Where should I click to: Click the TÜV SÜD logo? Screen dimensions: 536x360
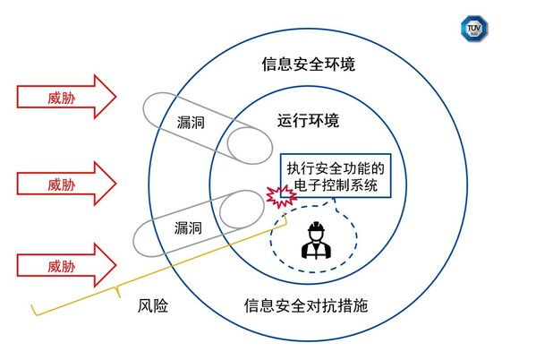pyautogui.click(x=474, y=28)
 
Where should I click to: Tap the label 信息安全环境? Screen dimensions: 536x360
pyautogui.click(x=309, y=64)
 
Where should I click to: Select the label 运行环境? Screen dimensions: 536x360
pyautogui.click(x=308, y=121)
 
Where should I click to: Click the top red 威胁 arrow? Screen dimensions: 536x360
pyautogui.click(x=66, y=97)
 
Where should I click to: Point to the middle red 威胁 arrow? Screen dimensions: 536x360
pyautogui.click(x=66, y=184)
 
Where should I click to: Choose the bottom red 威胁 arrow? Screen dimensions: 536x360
pyautogui.click(x=66, y=265)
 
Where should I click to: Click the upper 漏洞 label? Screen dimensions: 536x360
pyautogui.click(x=191, y=122)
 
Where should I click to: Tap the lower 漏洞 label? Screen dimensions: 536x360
pyautogui.click(x=188, y=227)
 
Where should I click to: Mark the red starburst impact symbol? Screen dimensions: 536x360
pyautogui.click(x=281, y=197)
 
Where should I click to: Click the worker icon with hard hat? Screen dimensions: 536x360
pyautogui.click(x=316, y=240)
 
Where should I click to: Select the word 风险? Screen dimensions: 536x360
pyautogui.click(x=153, y=305)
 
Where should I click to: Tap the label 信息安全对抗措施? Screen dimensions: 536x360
pyautogui.click(x=306, y=305)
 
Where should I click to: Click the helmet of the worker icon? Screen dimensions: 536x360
pyautogui.click(x=316, y=227)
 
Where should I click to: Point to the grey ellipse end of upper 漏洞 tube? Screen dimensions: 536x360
pyautogui.click(x=250, y=146)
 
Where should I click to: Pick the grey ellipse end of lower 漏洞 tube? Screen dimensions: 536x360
pyautogui.click(x=242, y=210)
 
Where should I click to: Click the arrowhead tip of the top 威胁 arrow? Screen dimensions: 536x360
pyautogui.click(x=116, y=97)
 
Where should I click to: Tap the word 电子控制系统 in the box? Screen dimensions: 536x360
pyautogui.click(x=336, y=185)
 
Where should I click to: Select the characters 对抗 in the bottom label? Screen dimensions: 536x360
pyautogui.click(x=321, y=305)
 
